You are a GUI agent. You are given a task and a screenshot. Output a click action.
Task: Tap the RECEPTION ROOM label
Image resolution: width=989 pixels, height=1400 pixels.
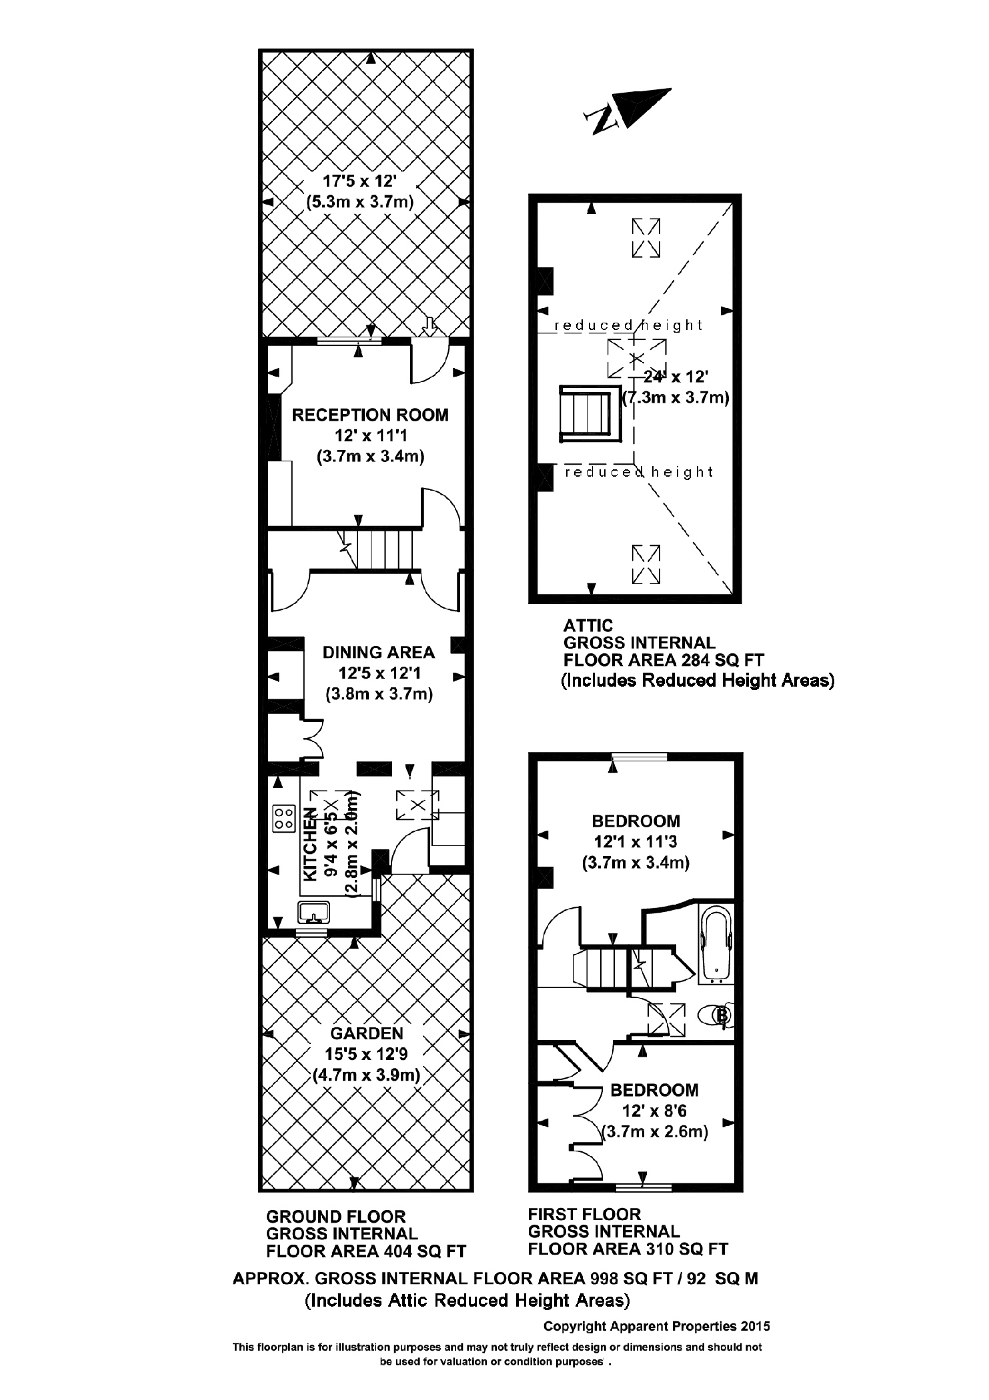[370, 415]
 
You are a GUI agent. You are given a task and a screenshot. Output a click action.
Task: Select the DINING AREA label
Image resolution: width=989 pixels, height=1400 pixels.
[378, 652]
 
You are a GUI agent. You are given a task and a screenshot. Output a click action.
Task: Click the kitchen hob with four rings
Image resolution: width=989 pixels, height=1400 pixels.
[284, 818]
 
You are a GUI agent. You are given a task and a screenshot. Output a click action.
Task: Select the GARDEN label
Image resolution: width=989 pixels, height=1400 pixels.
[367, 1033]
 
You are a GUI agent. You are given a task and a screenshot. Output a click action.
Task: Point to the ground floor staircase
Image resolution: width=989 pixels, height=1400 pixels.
[385, 549]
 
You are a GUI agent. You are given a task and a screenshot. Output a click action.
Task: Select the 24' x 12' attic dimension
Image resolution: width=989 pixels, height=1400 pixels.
[672, 377]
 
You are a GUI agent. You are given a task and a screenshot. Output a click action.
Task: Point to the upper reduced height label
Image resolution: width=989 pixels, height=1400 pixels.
[628, 325]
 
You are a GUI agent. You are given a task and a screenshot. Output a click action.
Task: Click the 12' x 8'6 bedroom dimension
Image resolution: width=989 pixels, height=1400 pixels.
[654, 1111]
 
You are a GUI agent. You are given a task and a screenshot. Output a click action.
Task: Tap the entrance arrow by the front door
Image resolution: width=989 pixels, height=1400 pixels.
[430, 325]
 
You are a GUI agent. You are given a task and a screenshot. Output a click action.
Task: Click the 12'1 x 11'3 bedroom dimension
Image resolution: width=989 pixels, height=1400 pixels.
[636, 842]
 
